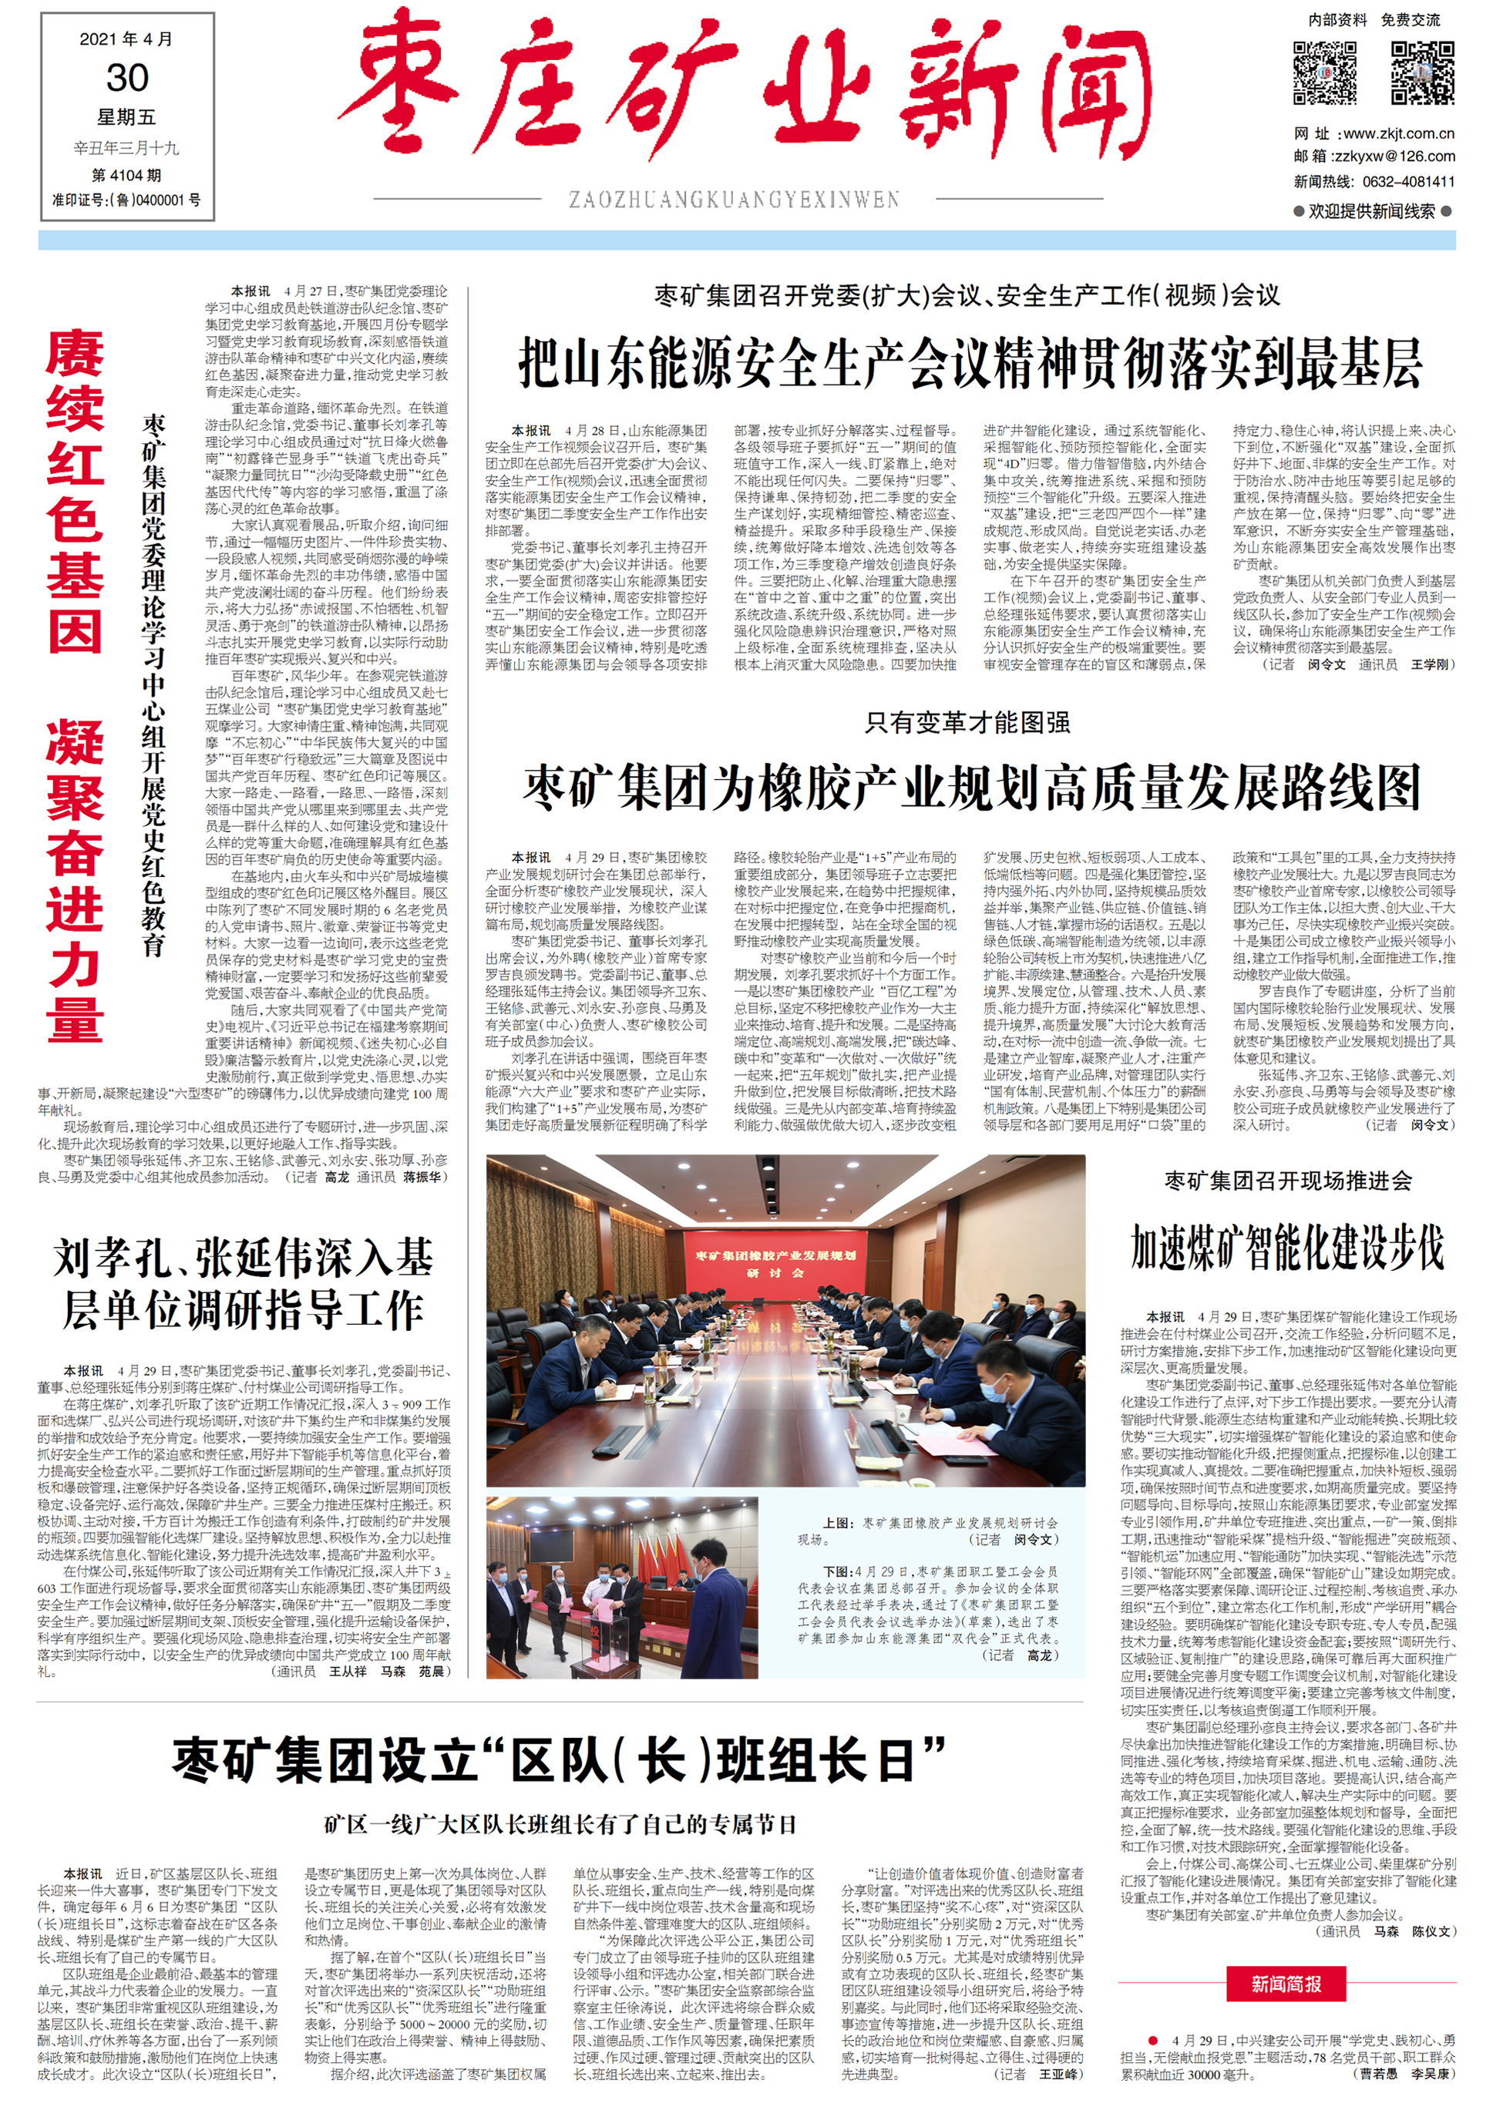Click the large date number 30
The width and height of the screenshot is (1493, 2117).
[127, 77]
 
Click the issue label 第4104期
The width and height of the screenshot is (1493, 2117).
[126, 175]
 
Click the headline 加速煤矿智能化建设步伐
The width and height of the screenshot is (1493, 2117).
[1287, 1248]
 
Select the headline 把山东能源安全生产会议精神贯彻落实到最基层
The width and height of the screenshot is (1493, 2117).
[970, 363]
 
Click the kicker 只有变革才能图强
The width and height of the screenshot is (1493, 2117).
[967, 722]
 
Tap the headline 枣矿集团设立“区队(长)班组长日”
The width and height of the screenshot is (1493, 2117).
[560, 1759]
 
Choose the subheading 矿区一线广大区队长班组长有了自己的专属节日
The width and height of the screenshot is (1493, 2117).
[560, 1824]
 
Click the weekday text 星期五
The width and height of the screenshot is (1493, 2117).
[127, 117]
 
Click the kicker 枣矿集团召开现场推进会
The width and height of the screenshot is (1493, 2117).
[1287, 1180]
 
